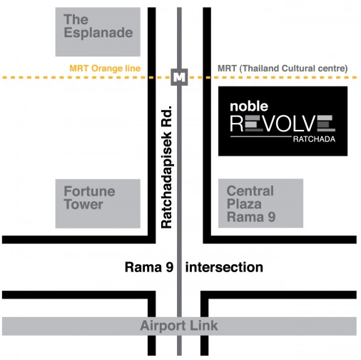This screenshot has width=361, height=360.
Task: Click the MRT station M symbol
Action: (x=179, y=77)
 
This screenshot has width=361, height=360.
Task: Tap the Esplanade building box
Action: (x=98, y=32)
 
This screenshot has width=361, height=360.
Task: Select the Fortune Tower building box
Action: (x=98, y=204)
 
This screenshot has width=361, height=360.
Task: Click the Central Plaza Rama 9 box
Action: (x=260, y=204)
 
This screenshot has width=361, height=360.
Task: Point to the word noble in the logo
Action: (x=249, y=106)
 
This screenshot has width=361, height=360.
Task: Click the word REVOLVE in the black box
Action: (x=283, y=124)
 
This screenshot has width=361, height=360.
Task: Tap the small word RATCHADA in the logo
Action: (x=314, y=139)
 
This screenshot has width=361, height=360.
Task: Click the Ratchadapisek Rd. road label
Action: (x=167, y=167)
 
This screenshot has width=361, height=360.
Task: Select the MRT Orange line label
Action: (x=105, y=69)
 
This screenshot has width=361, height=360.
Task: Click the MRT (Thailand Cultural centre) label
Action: (x=283, y=69)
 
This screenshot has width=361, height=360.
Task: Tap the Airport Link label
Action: (x=179, y=326)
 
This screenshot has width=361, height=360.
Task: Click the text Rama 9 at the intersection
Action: (x=149, y=267)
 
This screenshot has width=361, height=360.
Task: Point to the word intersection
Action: (x=224, y=267)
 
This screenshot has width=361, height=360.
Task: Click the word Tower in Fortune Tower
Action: (x=83, y=204)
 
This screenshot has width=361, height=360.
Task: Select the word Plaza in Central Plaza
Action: (x=244, y=204)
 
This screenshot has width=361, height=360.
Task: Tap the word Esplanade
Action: (x=98, y=33)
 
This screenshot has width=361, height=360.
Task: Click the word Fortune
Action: (x=89, y=191)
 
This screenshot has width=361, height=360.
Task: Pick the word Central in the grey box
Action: (x=250, y=191)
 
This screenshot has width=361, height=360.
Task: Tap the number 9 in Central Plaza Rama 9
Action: (x=271, y=217)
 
